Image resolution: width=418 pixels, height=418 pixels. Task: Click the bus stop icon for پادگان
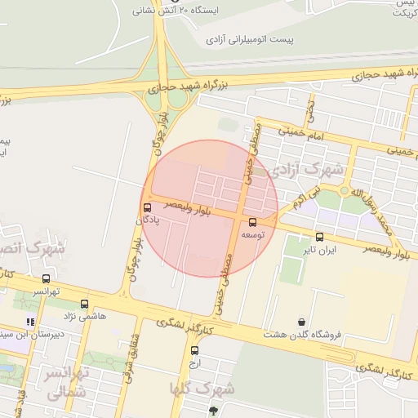click(147, 207)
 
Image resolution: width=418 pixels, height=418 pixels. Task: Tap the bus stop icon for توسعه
click(251, 222)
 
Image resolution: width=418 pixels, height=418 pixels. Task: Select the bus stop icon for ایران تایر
click(319, 238)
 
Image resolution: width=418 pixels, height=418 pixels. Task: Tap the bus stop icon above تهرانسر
click(46, 278)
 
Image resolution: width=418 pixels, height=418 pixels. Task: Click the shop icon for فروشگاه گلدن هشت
click(303, 322)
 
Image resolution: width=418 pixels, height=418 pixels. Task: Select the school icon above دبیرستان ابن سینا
click(31, 321)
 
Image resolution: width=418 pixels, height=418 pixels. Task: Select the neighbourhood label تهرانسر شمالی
click(65, 384)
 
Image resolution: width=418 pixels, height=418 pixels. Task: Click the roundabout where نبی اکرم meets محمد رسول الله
click(357, 193)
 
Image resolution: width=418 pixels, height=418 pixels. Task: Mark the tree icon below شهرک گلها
click(213, 411)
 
